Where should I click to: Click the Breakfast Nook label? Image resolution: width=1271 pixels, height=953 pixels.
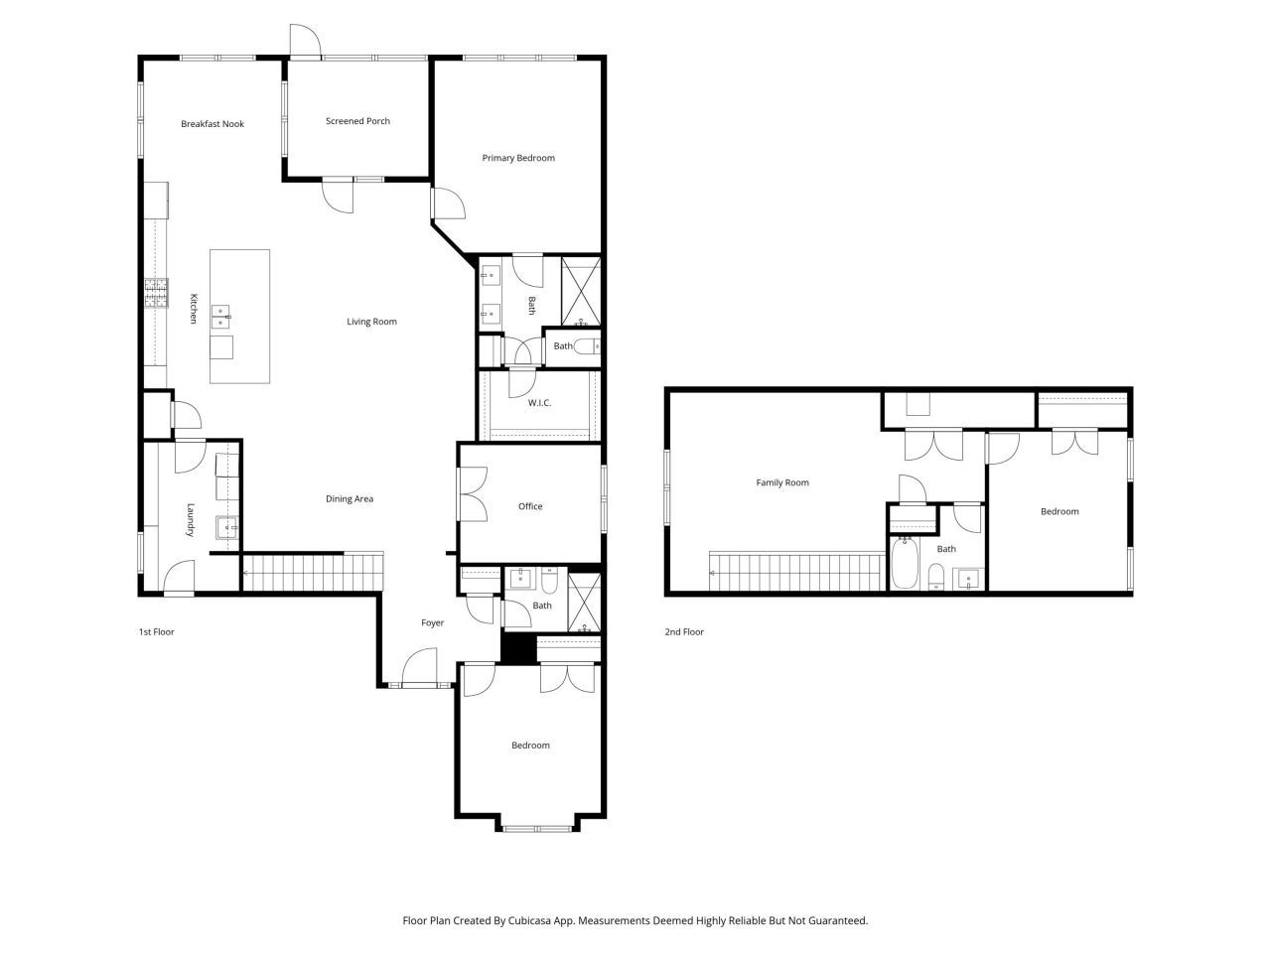(212, 124)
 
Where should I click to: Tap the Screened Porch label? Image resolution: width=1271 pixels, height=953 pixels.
(357, 121)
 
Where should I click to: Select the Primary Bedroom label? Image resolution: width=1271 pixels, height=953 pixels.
(518, 158)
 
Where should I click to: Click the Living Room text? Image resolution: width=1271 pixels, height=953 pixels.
(371, 322)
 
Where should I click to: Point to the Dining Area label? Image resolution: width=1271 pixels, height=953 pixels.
(350, 499)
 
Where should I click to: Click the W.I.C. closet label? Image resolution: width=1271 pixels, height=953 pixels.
(539, 403)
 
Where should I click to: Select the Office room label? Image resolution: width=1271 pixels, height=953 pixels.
(530, 506)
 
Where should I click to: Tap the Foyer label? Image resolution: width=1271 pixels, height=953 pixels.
(432, 623)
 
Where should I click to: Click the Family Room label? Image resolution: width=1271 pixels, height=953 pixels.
(782, 483)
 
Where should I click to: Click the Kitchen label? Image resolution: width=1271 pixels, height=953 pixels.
(194, 309)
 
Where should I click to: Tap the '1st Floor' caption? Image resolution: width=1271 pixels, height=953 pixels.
(156, 631)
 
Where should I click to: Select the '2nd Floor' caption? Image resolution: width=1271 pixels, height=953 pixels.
(683, 631)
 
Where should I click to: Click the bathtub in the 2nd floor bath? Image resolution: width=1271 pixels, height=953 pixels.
(903, 563)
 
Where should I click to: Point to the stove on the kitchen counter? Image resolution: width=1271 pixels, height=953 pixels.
(156, 293)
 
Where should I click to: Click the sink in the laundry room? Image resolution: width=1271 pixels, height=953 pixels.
(227, 527)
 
